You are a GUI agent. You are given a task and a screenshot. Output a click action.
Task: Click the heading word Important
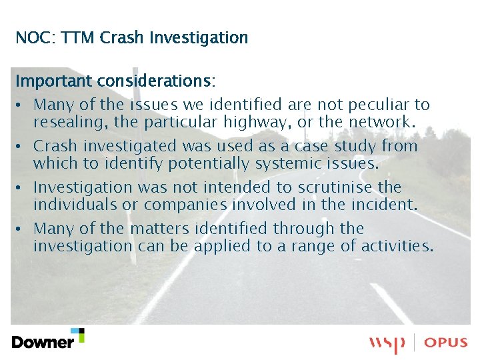(x=54, y=81)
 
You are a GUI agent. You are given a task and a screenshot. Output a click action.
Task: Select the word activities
(x=397, y=245)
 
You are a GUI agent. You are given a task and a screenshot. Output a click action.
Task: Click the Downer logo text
(x=43, y=342)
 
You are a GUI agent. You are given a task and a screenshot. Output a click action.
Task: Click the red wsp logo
(x=387, y=344)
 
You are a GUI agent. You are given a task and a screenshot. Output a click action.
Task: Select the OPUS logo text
(x=447, y=343)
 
